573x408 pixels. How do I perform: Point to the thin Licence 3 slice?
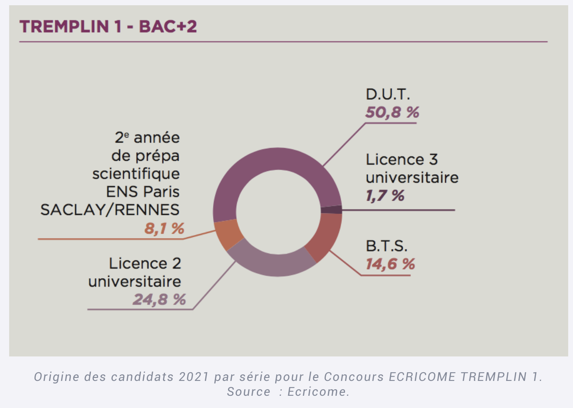tap(331, 210)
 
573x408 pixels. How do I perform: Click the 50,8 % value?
tap(392, 113)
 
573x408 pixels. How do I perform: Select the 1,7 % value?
tap(385, 196)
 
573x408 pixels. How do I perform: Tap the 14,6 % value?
tap(390, 264)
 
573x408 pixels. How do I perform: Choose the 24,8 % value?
tap(159, 300)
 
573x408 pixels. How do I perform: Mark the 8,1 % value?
tap(164, 228)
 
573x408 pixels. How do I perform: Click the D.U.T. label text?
tap(388, 94)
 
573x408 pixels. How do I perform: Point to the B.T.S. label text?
tap(387, 246)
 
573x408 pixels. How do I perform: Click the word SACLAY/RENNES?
tap(110, 210)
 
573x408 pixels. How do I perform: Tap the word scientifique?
tap(136, 174)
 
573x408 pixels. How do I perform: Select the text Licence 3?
tap(402, 159)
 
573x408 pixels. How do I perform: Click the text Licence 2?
tap(145, 263)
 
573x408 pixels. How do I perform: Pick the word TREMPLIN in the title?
tap(64, 27)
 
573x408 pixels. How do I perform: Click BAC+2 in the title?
tap(168, 27)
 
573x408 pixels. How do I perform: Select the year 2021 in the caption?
tap(194, 377)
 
